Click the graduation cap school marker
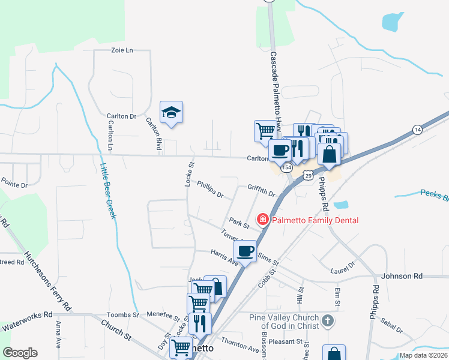(x=171, y=112)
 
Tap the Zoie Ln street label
(x=122, y=51)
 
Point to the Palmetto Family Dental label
(x=315, y=220)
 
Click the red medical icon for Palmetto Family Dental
(x=262, y=220)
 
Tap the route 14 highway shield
(x=417, y=130)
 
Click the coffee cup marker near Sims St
(x=245, y=251)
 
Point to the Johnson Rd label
(x=402, y=276)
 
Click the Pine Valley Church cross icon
(x=327, y=321)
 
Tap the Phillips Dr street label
(x=210, y=191)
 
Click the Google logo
(x=20, y=353)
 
